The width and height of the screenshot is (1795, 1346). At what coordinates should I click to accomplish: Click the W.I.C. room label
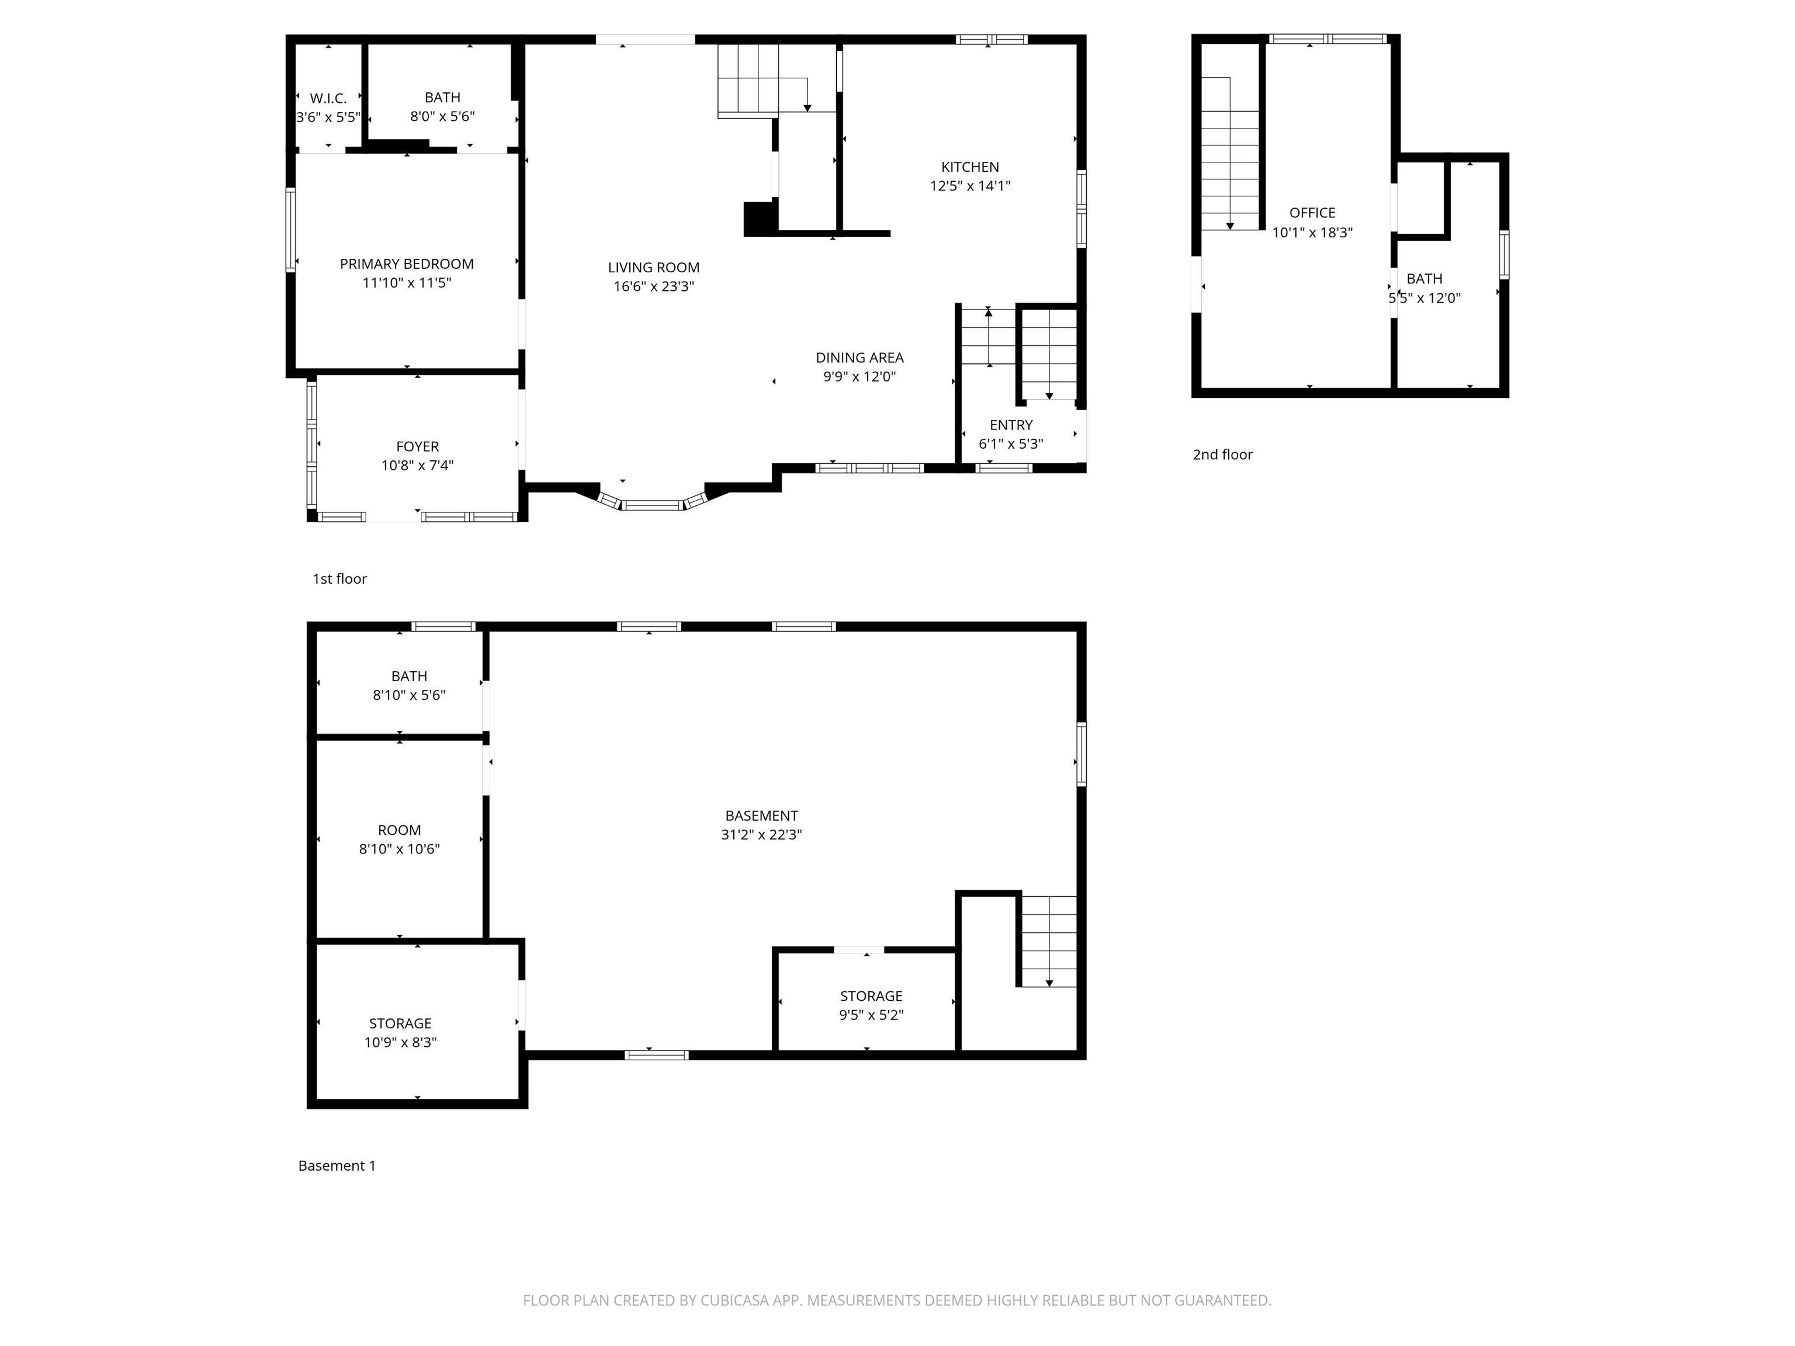(x=328, y=98)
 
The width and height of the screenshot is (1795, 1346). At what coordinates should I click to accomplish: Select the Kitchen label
(x=970, y=167)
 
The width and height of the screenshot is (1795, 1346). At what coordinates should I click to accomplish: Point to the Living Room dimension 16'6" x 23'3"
(x=653, y=286)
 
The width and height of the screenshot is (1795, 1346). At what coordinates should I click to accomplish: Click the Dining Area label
(x=860, y=358)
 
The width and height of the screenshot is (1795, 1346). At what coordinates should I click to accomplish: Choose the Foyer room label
(x=417, y=447)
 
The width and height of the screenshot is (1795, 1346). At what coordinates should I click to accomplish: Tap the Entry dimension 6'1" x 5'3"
(x=1010, y=445)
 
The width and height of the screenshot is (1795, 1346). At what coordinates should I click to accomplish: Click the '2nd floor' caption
(x=1222, y=455)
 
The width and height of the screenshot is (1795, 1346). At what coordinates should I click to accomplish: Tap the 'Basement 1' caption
(x=337, y=1166)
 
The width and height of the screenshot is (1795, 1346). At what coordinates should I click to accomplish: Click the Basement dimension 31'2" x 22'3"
(x=761, y=835)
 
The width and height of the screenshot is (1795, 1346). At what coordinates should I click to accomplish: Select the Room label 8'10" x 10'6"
(x=399, y=831)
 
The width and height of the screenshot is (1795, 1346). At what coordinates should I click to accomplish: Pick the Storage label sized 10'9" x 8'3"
(x=400, y=1024)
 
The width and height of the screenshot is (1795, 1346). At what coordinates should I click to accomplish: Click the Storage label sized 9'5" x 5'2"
(x=871, y=996)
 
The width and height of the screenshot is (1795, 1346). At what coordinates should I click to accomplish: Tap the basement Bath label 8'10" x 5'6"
(x=409, y=677)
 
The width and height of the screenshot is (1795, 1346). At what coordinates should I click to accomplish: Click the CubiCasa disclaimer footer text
(x=897, y=1300)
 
